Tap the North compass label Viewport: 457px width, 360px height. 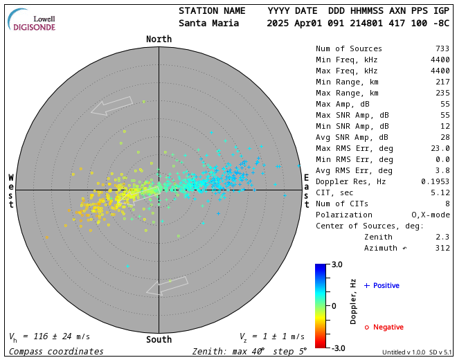[159, 39]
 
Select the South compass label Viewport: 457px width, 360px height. [159, 339]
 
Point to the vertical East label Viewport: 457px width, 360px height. [306, 190]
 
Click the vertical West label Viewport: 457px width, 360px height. [11, 190]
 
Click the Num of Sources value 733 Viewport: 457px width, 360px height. [442, 48]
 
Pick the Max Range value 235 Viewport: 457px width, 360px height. [442, 93]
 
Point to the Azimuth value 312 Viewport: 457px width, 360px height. [442, 248]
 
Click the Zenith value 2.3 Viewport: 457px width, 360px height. [442, 237]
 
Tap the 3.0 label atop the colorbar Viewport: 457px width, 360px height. [337, 264]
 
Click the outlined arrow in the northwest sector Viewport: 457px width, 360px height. [111, 106]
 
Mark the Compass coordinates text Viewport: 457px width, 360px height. [56, 352]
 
